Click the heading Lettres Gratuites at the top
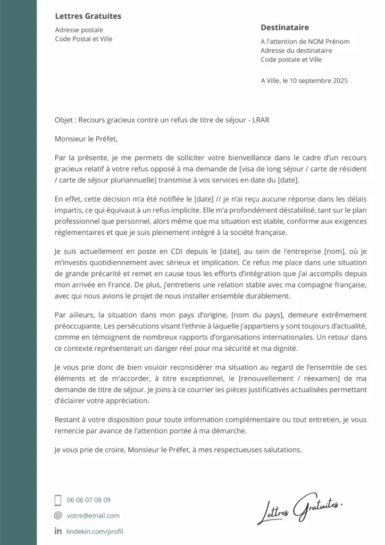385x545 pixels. [88, 16]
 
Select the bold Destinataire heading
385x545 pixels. [284, 28]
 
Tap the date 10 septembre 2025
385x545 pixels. [319, 81]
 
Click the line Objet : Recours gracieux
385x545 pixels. [162, 120]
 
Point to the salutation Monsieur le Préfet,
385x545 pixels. [85, 139]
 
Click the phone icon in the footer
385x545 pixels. [58, 500]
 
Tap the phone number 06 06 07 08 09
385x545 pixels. [89, 500]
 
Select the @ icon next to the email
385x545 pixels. [58, 515]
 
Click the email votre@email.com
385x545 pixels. [93, 515]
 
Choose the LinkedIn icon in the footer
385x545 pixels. [58, 531]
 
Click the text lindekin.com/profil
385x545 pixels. [95, 531]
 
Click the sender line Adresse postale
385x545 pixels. [79, 30]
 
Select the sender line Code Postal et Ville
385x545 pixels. [84, 39]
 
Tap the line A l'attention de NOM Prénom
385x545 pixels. [305, 42]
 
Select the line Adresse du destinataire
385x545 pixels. [296, 51]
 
